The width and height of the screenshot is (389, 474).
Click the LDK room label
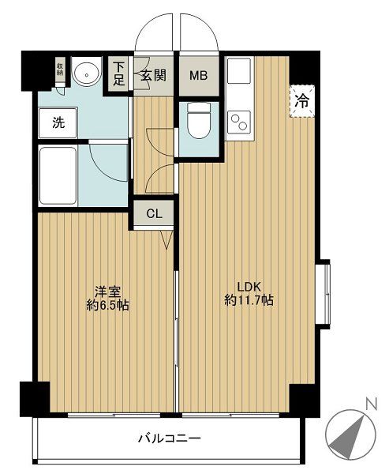tap(249, 287)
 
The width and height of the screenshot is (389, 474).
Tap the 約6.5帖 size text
tap(107, 306)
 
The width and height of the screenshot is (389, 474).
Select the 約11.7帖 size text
tap(249, 300)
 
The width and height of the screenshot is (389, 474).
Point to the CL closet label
tap(155, 214)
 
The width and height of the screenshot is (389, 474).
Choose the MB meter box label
tap(198, 75)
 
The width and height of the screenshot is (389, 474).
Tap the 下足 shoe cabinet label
tap(118, 73)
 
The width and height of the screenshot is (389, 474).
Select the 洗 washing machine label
tap(58, 122)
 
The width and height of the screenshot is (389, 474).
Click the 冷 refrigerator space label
tap(302, 101)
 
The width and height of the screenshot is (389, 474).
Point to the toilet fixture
tap(199, 120)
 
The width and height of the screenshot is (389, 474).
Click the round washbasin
tap(87, 74)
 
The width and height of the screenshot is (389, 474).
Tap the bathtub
tap(58, 175)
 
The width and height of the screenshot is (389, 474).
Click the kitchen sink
tap(239, 70)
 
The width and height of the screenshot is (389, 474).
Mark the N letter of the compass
tap(372, 404)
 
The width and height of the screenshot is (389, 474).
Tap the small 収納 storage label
tap(61, 70)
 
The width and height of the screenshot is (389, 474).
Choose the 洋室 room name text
tap(108, 292)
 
